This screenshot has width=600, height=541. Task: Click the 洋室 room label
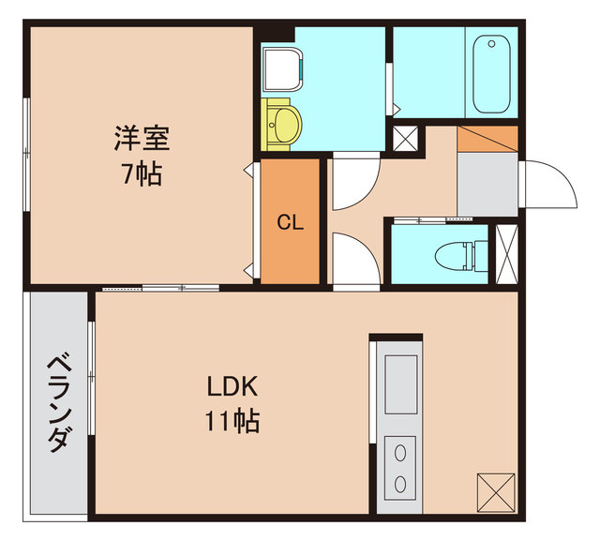142,140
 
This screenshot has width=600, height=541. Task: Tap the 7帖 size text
142,173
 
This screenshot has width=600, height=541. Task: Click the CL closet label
289,223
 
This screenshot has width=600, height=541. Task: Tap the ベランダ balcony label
58,402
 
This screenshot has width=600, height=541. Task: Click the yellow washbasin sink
282,122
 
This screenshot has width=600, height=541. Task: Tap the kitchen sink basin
400,384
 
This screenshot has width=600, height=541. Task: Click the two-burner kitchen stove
400,468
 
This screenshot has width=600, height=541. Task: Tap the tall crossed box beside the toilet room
506,254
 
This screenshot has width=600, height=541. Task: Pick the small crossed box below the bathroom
407,139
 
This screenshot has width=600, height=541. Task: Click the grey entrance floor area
487,184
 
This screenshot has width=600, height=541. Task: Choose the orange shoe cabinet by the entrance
487,137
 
